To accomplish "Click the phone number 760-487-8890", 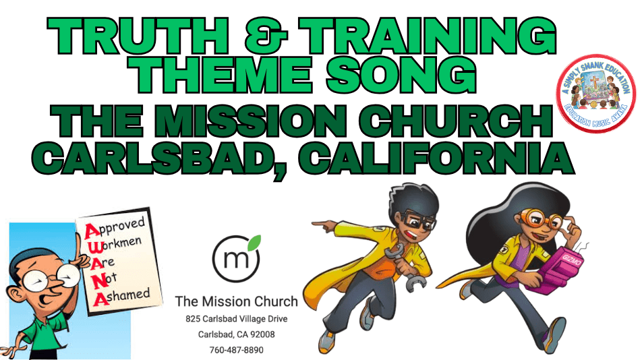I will click(x=235, y=350).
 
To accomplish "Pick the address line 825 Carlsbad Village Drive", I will click(x=236, y=318).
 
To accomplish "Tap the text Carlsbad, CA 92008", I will click(x=236, y=334).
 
